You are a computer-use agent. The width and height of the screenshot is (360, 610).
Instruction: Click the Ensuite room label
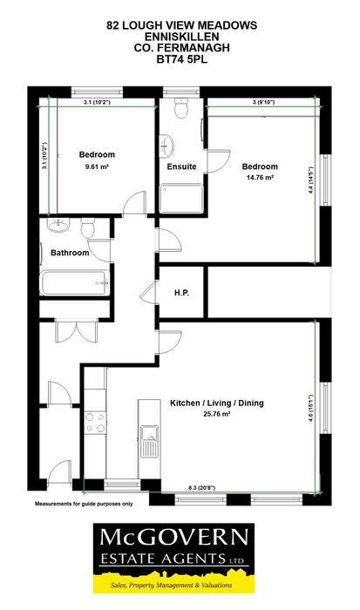(181, 166)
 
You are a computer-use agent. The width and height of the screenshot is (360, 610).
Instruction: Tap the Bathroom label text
(70, 253)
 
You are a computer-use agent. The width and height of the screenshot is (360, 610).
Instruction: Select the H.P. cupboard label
(182, 293)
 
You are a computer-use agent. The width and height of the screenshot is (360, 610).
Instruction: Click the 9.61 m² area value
(97, 166)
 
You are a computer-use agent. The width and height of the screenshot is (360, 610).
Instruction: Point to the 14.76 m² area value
(260, 178)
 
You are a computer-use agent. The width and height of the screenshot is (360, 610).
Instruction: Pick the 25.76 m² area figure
(217, 414)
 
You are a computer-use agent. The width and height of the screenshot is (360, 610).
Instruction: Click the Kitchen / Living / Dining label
(217, 403)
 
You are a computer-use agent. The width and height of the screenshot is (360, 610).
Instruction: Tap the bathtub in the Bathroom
(75, 283)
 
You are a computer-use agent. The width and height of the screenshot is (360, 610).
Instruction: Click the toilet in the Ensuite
(181, 108)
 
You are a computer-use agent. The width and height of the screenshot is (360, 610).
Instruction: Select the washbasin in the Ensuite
(166, 146)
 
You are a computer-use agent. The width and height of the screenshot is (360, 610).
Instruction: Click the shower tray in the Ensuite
(181, 198)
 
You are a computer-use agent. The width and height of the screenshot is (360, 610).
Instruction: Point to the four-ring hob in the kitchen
(95, 423)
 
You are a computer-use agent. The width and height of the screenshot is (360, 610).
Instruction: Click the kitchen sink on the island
(149, 441)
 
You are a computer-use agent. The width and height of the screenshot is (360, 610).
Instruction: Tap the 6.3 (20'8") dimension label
(202, 488)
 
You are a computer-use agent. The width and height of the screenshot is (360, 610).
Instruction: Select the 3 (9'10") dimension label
(263, 102)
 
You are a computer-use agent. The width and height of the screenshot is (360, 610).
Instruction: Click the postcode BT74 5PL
(182, 59)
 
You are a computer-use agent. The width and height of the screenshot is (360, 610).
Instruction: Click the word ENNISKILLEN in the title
(182, 37)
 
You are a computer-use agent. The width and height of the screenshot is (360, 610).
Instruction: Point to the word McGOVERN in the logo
(174, 538)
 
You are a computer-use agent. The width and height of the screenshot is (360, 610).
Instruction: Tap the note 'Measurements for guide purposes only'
(84, 504)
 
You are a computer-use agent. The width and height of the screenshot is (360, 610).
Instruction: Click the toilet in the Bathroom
(87, 227)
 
